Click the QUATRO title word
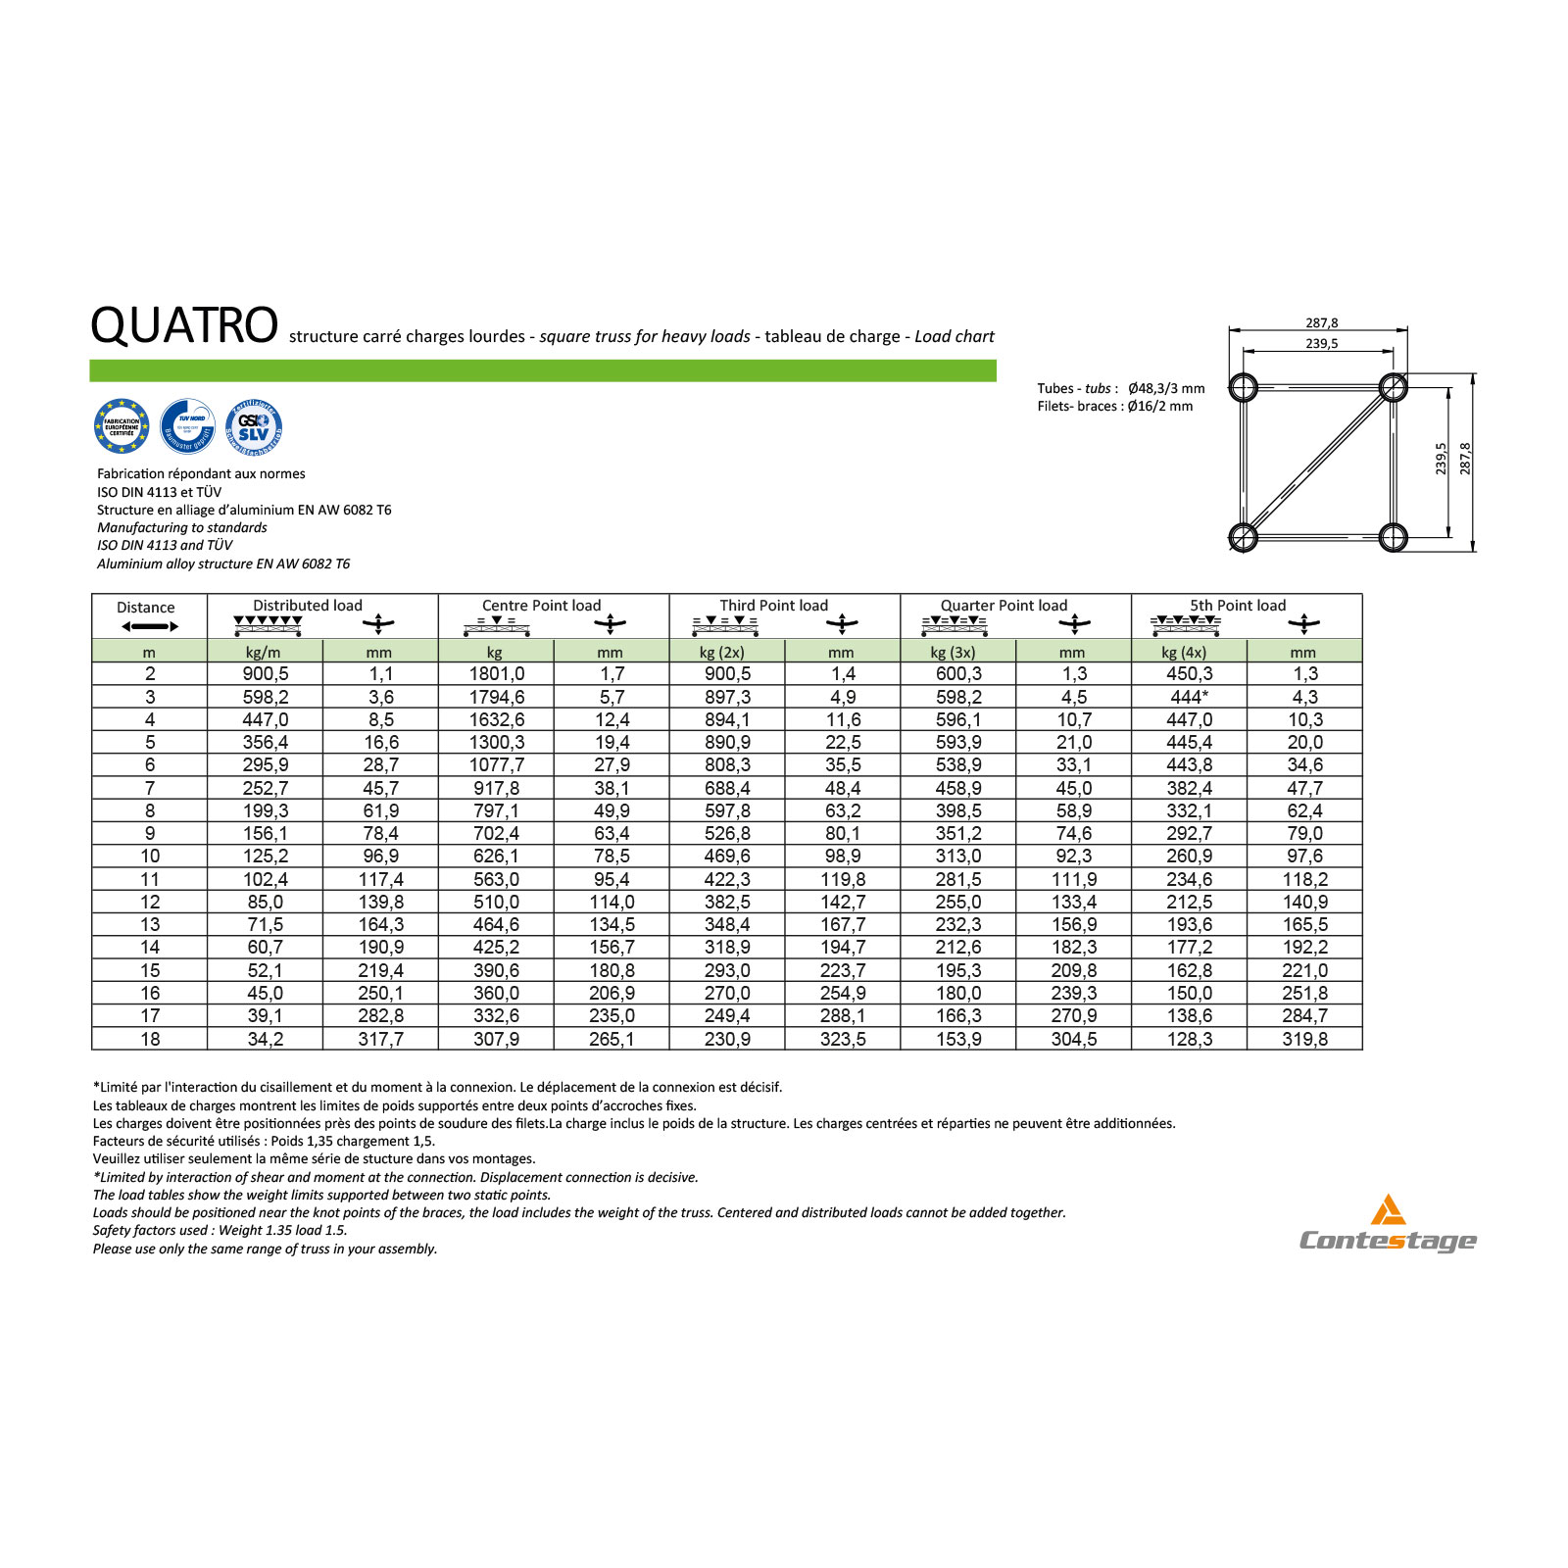pos(184,325)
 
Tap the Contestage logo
pos(1388,1225)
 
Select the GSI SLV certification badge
pos(254,427)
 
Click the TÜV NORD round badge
pos(188,426)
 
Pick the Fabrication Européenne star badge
pos(122,426)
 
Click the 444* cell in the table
pos(1189,697)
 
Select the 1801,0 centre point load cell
pos(497,674)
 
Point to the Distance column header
pos(146,608)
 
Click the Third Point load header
pos(773,606)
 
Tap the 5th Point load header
pos(1238,606)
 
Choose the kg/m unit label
pos(263,653)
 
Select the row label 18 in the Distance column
pos(150,1039)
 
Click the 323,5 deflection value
pos(843,1039)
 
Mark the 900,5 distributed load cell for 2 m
pos(266,674)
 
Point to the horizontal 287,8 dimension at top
pos(1321,323)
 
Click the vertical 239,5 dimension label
pos(1441,459)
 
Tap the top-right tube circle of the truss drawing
pos(1393,387)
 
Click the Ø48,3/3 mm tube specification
pos(1166,389)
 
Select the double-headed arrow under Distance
pos(150,627)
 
